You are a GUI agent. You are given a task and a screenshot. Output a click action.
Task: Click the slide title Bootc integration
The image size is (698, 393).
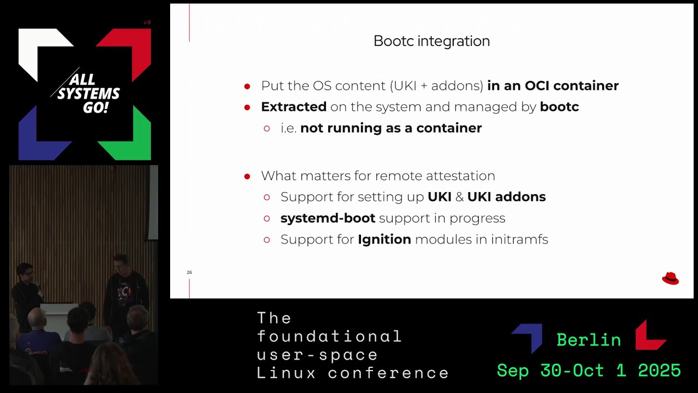point(431,41)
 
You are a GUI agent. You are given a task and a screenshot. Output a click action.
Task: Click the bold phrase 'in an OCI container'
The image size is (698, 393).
point(552,86)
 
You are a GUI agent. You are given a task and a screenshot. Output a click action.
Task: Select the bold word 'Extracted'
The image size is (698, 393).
point(293,107)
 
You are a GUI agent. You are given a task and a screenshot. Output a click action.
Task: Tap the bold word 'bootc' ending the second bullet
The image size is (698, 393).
point(559,107)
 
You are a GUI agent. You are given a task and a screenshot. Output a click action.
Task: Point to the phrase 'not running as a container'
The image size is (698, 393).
point(390,128)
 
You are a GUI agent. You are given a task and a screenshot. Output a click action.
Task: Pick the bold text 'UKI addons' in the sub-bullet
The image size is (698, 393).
point(506,197)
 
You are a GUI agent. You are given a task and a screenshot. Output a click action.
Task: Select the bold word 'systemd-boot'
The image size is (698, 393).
point(328,218)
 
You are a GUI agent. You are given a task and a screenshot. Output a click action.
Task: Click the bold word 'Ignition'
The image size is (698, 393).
point(384,240)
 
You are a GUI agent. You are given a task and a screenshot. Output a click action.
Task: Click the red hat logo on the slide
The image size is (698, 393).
point(670,278)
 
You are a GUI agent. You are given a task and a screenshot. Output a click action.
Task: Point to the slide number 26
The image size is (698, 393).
point(189,272)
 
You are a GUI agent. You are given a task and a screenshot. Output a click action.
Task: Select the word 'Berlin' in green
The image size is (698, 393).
point(588,340)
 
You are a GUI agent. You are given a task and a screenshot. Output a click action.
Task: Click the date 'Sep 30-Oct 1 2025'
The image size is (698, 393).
point(588,371)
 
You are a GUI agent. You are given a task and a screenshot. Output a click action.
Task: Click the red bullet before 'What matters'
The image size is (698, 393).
point(247,176)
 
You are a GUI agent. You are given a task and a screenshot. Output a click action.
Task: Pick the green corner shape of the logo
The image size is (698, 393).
point(131,136)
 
